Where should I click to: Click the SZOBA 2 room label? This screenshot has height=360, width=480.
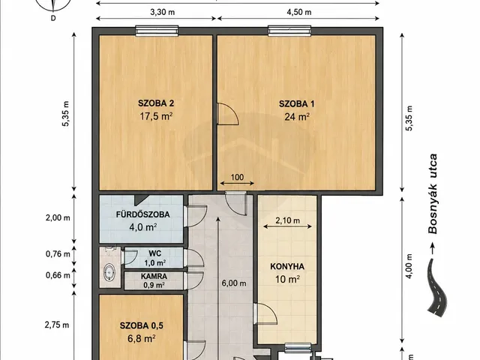156,103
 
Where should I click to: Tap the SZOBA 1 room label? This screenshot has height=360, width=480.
297,103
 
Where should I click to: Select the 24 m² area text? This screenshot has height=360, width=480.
297,117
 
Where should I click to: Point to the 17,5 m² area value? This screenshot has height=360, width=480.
156,116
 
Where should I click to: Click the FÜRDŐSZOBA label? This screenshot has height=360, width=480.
143,214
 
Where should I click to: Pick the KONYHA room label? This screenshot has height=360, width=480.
287,267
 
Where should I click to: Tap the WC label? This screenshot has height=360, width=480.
155,253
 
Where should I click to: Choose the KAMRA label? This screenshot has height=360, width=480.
154,277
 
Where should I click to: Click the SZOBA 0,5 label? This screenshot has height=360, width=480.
142,325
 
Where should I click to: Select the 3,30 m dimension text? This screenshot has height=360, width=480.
163,12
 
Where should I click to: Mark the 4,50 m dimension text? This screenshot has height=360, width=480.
299,12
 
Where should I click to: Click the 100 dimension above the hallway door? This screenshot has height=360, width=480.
237,177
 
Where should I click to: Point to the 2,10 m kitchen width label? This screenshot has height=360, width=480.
287,220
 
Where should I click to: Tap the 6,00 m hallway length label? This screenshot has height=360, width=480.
234,283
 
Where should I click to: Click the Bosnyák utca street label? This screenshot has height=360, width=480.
433,194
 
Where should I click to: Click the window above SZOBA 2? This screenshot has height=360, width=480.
157,31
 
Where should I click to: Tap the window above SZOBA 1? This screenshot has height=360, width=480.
289,31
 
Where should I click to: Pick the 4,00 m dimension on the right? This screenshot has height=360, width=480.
409,265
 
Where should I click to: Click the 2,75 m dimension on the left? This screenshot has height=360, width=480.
57,325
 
